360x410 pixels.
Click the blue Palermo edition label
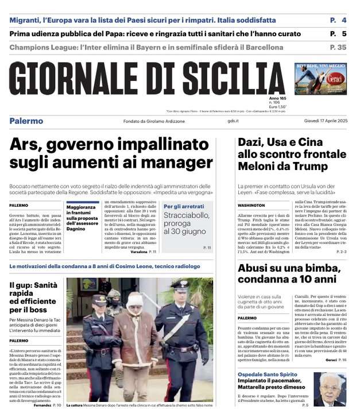pos(26,121)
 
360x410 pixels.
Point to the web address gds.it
pos(233,121)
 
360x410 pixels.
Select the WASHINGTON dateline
pos(251,205)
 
